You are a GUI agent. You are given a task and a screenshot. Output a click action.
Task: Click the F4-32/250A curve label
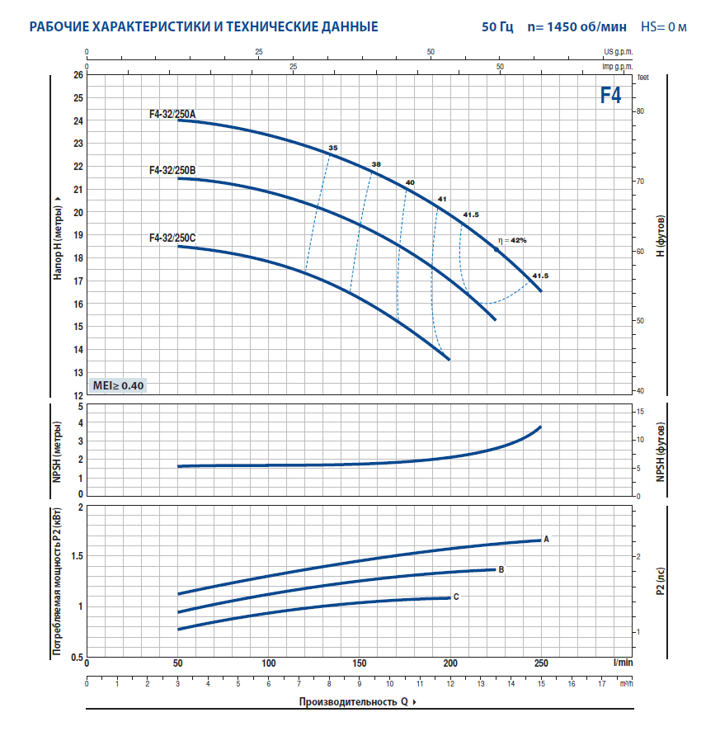pos(172,115)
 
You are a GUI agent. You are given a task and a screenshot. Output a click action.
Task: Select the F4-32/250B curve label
pos(172,171)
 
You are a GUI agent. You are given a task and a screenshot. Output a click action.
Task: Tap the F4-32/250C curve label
pos(172,238)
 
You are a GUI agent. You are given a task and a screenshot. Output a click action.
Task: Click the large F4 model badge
pos(610,96)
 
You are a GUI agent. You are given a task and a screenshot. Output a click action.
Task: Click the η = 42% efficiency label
pos(511,240)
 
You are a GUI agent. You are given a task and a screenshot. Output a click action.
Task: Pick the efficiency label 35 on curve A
pos(333,148)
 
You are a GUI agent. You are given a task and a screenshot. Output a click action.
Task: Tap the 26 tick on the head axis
pos(78,74)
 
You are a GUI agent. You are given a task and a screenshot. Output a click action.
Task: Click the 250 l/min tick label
pos(541,663)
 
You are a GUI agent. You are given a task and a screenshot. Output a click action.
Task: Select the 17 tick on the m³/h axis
pos(602,683)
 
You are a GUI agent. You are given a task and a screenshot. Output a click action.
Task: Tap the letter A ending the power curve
pos(547,540)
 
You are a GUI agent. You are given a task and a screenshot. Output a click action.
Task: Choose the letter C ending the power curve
pos(456,597)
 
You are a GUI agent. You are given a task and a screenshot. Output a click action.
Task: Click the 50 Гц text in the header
pos(497,26)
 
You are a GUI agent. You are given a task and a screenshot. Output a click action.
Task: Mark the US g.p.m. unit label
pos(619,51)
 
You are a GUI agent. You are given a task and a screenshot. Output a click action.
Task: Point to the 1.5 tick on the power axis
pos(74,556)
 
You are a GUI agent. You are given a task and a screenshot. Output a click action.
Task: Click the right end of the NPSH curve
pos(540,427)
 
